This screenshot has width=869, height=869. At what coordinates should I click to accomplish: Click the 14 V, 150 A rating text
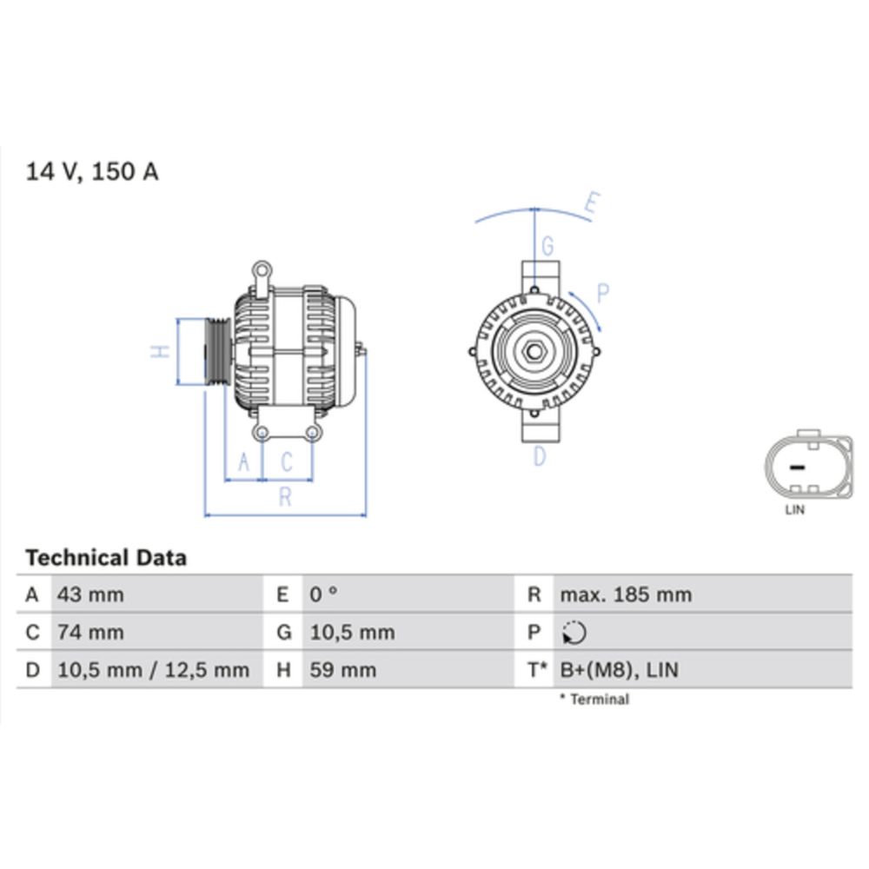coord(92,171)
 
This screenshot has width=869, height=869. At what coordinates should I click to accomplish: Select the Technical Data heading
coord(106,558)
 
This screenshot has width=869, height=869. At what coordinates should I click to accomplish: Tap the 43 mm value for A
coord(90,595)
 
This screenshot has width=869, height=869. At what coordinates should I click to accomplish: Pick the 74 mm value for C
coord(90,633)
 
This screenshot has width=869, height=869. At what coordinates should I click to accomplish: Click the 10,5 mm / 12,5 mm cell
coord(153,670)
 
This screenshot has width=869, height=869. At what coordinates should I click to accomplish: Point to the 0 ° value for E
coord(324,595)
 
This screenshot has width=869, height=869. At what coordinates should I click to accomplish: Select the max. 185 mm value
coord(626,595)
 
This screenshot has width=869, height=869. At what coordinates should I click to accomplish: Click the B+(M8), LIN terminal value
coord(620,670)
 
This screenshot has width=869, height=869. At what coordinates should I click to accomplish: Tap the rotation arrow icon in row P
coord(574,634)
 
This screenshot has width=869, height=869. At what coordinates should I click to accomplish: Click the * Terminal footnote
coord(594,699)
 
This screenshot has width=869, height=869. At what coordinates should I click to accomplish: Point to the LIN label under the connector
coord(794,510)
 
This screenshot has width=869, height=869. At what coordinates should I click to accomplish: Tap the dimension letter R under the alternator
coord(284,497)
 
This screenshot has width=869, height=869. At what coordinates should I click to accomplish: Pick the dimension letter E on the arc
coord(591,205)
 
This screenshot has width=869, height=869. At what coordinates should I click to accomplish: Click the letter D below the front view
coord(539,455)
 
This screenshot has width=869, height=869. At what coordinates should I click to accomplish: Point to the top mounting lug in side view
coord(261,271)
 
